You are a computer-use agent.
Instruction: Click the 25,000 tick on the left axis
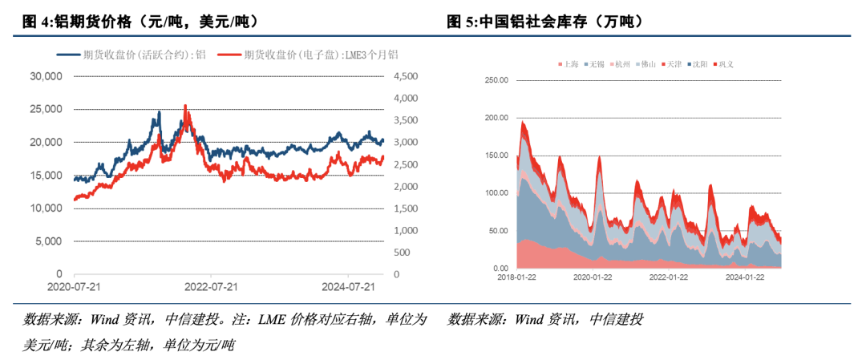click(45, 109)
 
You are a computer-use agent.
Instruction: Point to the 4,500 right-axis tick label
click(405, 77)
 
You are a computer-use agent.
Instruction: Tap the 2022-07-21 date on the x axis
click(210, 287)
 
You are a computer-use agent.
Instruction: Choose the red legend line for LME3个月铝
click(229, 55)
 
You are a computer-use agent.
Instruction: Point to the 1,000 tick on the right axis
click(405, 231)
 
